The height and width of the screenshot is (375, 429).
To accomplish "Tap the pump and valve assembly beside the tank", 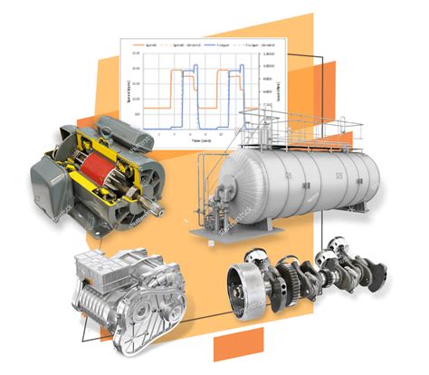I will pyautogui.click(x=209, y=204).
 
